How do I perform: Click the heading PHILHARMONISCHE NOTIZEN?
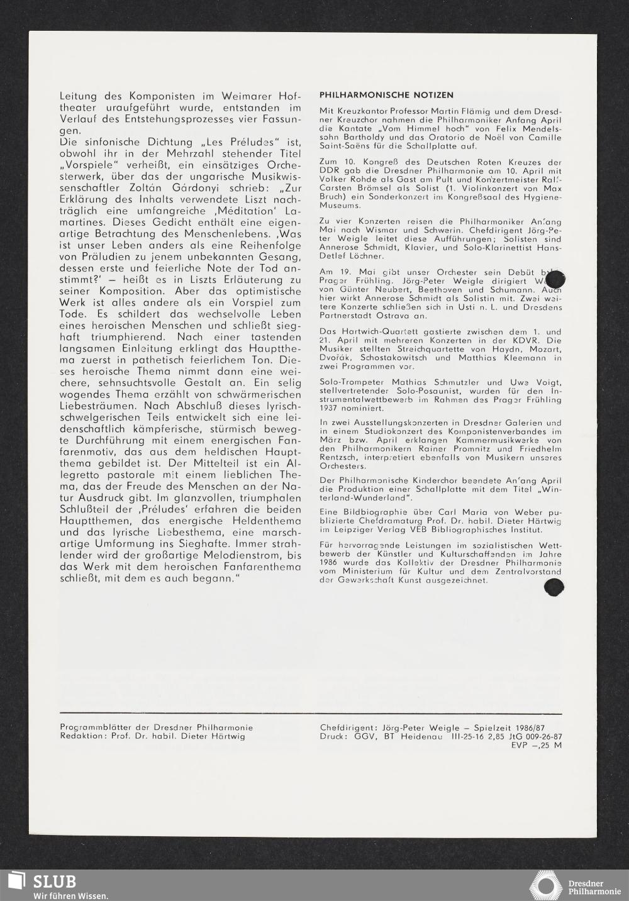click(x=386, y=95)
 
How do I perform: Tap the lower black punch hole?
click(x=553, y=587)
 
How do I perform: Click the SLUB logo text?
click(x=54, y=882)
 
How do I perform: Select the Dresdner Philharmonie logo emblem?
click(x=545, y=885)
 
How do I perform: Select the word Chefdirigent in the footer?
click(x=348, y=727)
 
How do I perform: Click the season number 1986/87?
click(x=544, y=727)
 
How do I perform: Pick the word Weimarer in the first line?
click(x=249, y=97)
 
